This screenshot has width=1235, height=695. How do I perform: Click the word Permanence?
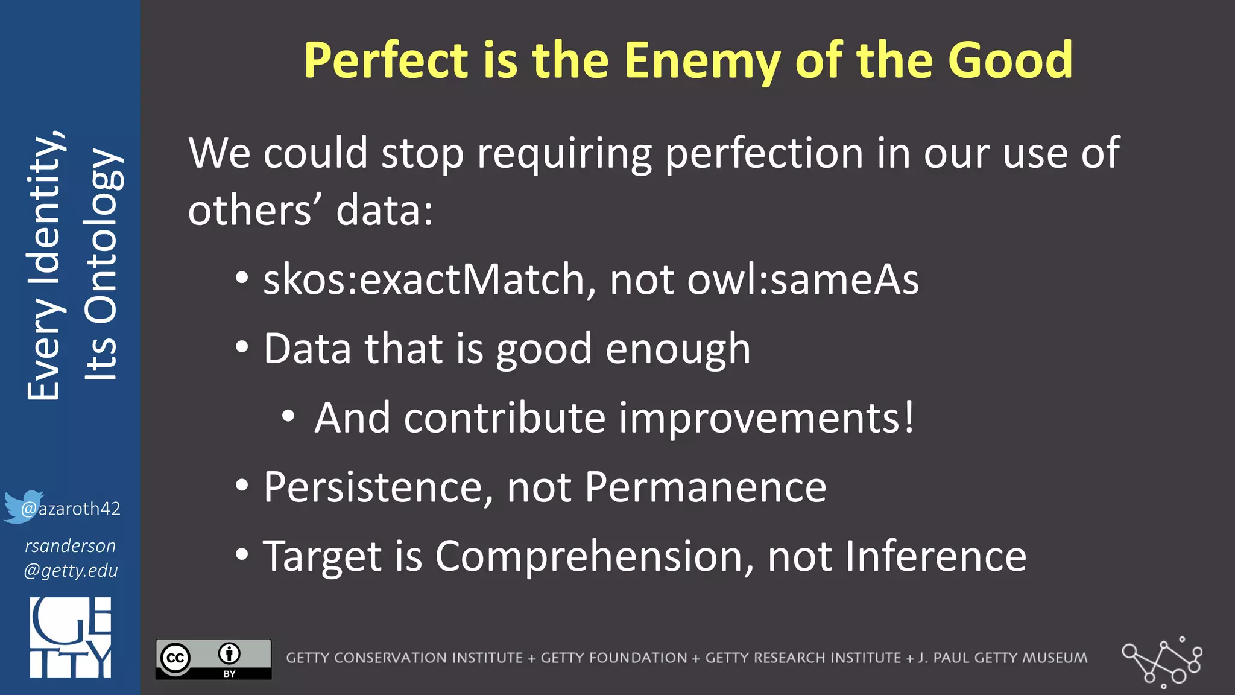point(706,487)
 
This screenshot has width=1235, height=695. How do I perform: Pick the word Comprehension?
point(594,556)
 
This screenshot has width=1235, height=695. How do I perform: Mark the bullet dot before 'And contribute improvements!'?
point(288,416)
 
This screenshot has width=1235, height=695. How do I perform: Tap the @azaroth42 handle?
point(71,509)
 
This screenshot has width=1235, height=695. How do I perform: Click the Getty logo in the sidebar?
point(71,637)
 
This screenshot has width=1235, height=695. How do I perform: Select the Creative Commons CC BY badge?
point(213,659)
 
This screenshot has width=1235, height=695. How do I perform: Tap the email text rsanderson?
point(70,546)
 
